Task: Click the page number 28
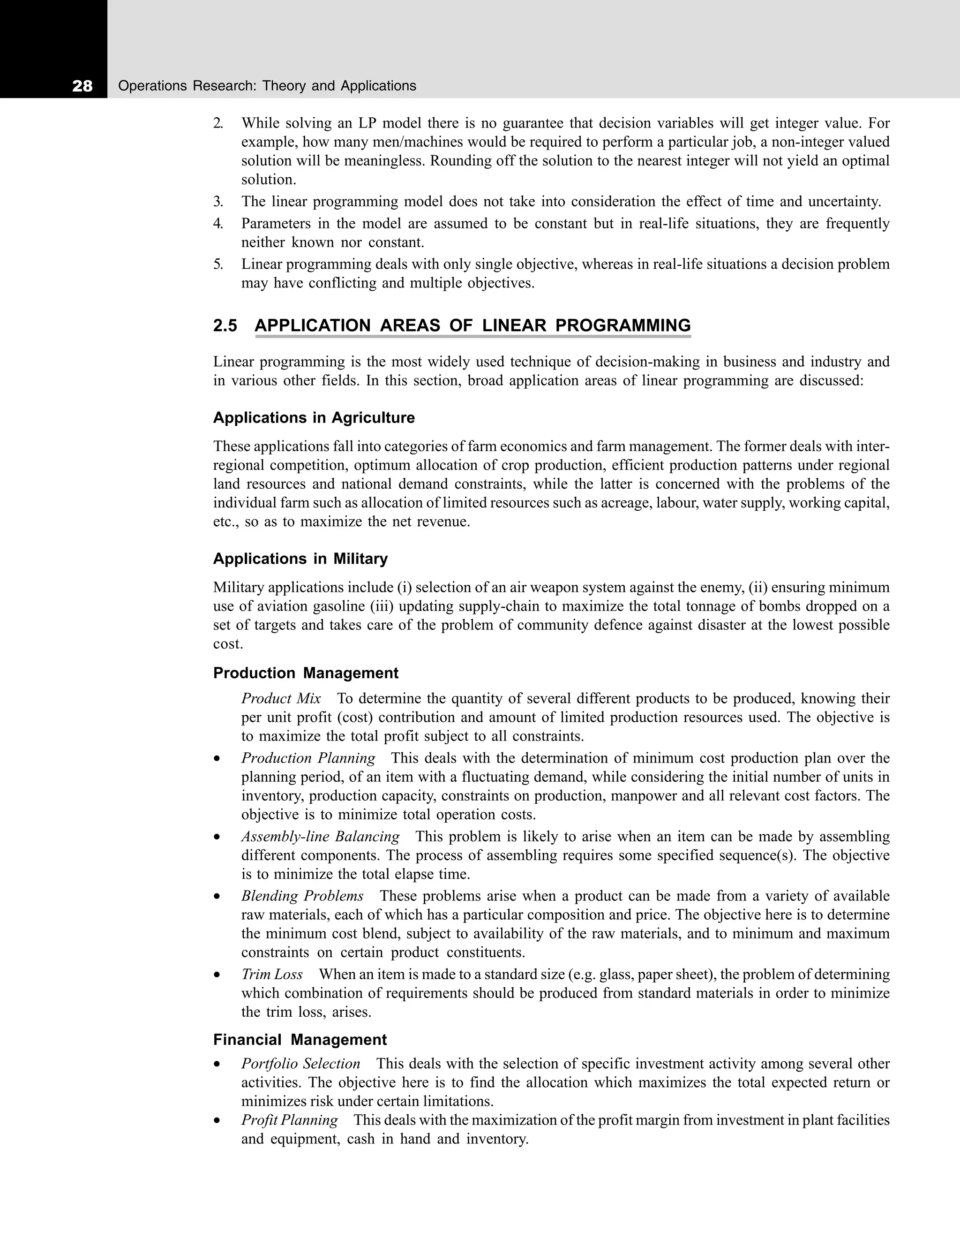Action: point(82,86)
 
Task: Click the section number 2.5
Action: point(225,326)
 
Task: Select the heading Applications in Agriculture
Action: point(314,418)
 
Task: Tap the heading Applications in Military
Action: point(300,559)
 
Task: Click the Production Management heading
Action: point(305,673)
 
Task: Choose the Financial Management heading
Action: point(300,1040)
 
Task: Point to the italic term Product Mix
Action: point(281,698)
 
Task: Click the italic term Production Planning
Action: point(308,758)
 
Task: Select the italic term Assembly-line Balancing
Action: point(320,836)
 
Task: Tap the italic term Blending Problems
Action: point(302,896)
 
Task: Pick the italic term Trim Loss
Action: point(272,974)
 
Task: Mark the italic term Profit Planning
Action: point(289,1120)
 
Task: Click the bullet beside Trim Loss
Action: point(217,975)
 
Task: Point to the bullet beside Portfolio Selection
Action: point(217,1065)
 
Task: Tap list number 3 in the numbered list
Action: point(218,202)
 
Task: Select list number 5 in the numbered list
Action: point(218,264)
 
